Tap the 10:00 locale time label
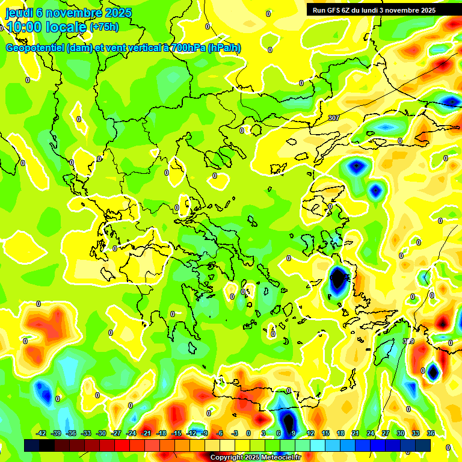(46, 27)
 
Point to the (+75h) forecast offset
(104, 27)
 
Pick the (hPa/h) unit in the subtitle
(223, 48)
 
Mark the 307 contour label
(334, 118)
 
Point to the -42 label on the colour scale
(42, 433)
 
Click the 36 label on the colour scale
(430, 433)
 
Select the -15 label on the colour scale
(176, 433)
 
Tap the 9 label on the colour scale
(293, 433)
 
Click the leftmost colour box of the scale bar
(32, 445)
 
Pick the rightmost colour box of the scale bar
(423, 445)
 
